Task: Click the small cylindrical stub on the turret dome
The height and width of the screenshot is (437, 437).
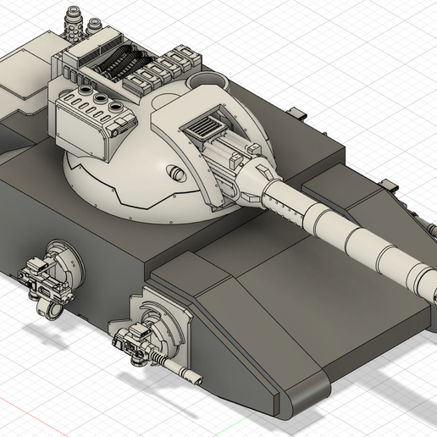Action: pos(177,174)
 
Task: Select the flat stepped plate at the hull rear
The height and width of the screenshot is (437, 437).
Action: pos(25,80)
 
